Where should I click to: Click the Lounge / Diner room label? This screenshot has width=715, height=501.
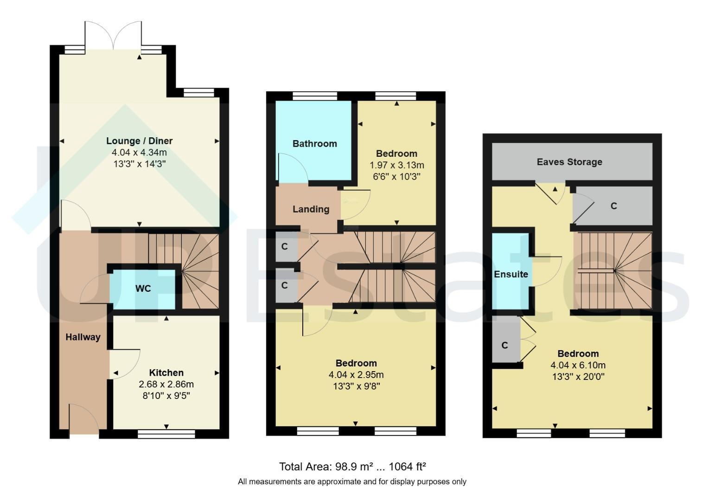coord(139,141)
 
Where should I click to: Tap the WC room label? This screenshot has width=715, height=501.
coord(143,289)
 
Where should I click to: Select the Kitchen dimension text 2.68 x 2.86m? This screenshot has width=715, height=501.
coord(166,384)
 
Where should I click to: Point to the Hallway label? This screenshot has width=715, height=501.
coord(83,337)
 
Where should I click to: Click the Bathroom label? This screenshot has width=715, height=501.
coord(315,144)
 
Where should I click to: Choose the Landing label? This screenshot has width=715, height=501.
coord(311,209)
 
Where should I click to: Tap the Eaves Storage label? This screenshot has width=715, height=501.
coord(569,162)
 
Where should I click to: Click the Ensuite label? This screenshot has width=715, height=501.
coord(511,274)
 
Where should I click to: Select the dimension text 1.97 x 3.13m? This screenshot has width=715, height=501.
coord(397,165)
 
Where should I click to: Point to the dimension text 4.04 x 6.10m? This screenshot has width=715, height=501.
coord(578,365)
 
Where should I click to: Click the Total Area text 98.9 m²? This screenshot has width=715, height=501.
coord(354,467)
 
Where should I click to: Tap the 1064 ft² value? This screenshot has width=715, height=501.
coord(407,467)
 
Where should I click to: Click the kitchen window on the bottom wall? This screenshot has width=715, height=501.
coord(166,434)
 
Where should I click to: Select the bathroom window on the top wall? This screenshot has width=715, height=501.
coord(315,96)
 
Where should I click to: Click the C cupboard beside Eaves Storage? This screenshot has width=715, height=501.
coord(613,206)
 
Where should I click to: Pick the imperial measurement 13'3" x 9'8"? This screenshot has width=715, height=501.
coord(356,386)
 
